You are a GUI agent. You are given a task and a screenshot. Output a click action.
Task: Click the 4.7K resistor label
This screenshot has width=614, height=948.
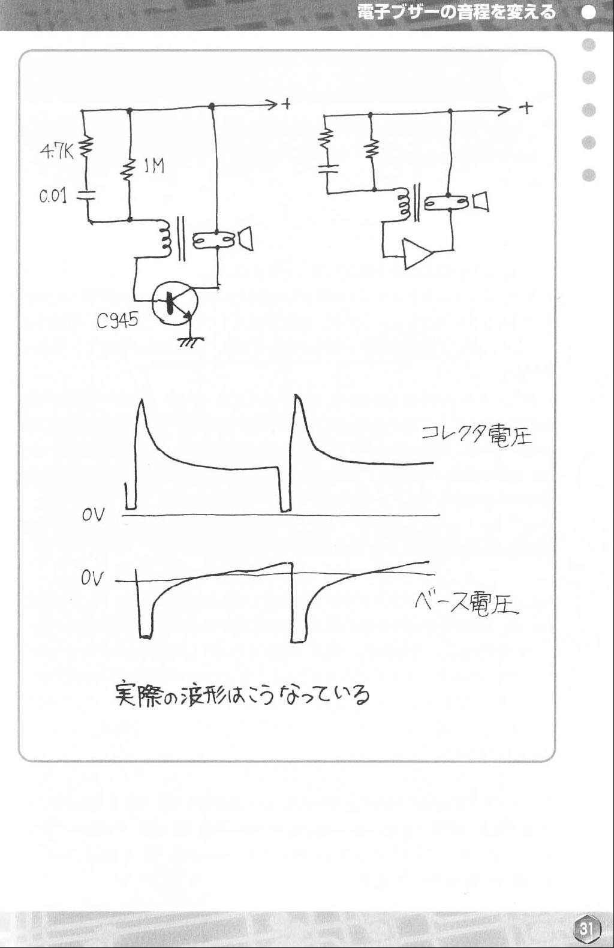tap(57, 152)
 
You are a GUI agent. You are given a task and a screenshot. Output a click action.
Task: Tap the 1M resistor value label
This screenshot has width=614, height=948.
tap(154, 166)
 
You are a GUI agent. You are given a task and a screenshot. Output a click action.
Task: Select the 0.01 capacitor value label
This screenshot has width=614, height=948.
tap(53, 196)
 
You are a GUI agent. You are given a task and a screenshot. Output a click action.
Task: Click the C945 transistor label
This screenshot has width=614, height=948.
tap(117, 320)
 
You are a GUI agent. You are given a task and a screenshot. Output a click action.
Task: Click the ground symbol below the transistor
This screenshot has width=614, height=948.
tap(191, 342)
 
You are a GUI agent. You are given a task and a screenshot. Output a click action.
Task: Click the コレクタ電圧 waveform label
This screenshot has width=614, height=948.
tap(477, 435)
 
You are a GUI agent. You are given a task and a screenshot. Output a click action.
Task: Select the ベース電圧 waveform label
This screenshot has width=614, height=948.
tap(466, 603)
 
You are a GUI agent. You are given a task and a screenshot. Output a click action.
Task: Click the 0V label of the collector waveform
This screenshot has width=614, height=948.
tap(93, 514)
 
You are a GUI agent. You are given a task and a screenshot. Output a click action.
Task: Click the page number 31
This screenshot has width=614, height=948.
tap(586, 929)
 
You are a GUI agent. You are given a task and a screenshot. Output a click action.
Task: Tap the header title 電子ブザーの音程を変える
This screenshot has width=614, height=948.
tap(456, 12)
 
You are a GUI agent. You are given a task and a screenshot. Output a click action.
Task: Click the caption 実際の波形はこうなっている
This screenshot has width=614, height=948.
tap(242, 694)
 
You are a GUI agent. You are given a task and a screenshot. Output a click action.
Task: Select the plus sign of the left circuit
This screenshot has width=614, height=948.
tap(287, 104)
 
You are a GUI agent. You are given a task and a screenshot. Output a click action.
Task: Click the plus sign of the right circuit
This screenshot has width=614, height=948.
tap(526, 109)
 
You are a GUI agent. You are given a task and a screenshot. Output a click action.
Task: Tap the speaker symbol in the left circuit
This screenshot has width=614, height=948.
tap(246, 239)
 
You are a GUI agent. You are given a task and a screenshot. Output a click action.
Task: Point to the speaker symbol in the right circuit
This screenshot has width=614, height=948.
tap(481, 201)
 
